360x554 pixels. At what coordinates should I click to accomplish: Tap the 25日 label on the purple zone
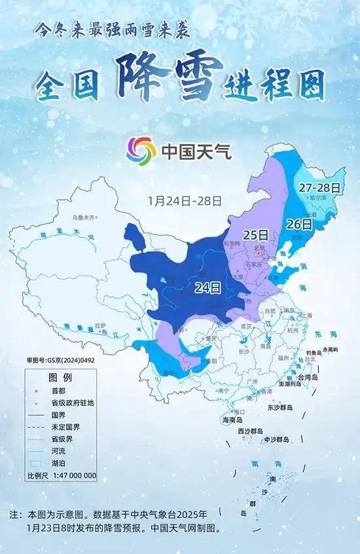click(x=256, y=234)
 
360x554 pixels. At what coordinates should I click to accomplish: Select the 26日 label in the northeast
click(x=298, y=224)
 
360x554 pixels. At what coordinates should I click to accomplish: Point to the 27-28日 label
click(x=319, y=187)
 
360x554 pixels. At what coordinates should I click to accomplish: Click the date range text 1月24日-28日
click(x=185, y=200)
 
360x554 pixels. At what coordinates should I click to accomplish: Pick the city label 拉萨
click(x=99, y=325)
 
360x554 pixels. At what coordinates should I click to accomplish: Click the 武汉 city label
click(x=246, y=325)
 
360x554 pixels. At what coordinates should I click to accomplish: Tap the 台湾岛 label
click(x=306, y=378)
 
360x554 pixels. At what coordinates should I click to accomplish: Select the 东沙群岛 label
click(x=279, y=407)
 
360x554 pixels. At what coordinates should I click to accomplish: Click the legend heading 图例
click(x=60, y=378)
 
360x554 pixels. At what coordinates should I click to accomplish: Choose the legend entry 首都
click(x=58, y=391)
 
